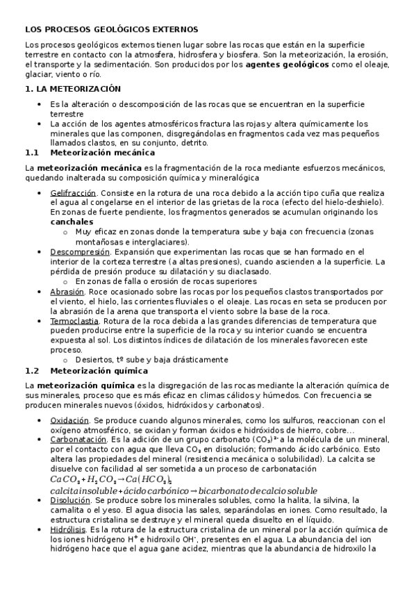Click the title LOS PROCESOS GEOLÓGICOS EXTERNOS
(112, 29)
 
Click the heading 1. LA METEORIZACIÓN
(73, 89)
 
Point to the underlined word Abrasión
(67, 292)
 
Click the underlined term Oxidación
(70, 420)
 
